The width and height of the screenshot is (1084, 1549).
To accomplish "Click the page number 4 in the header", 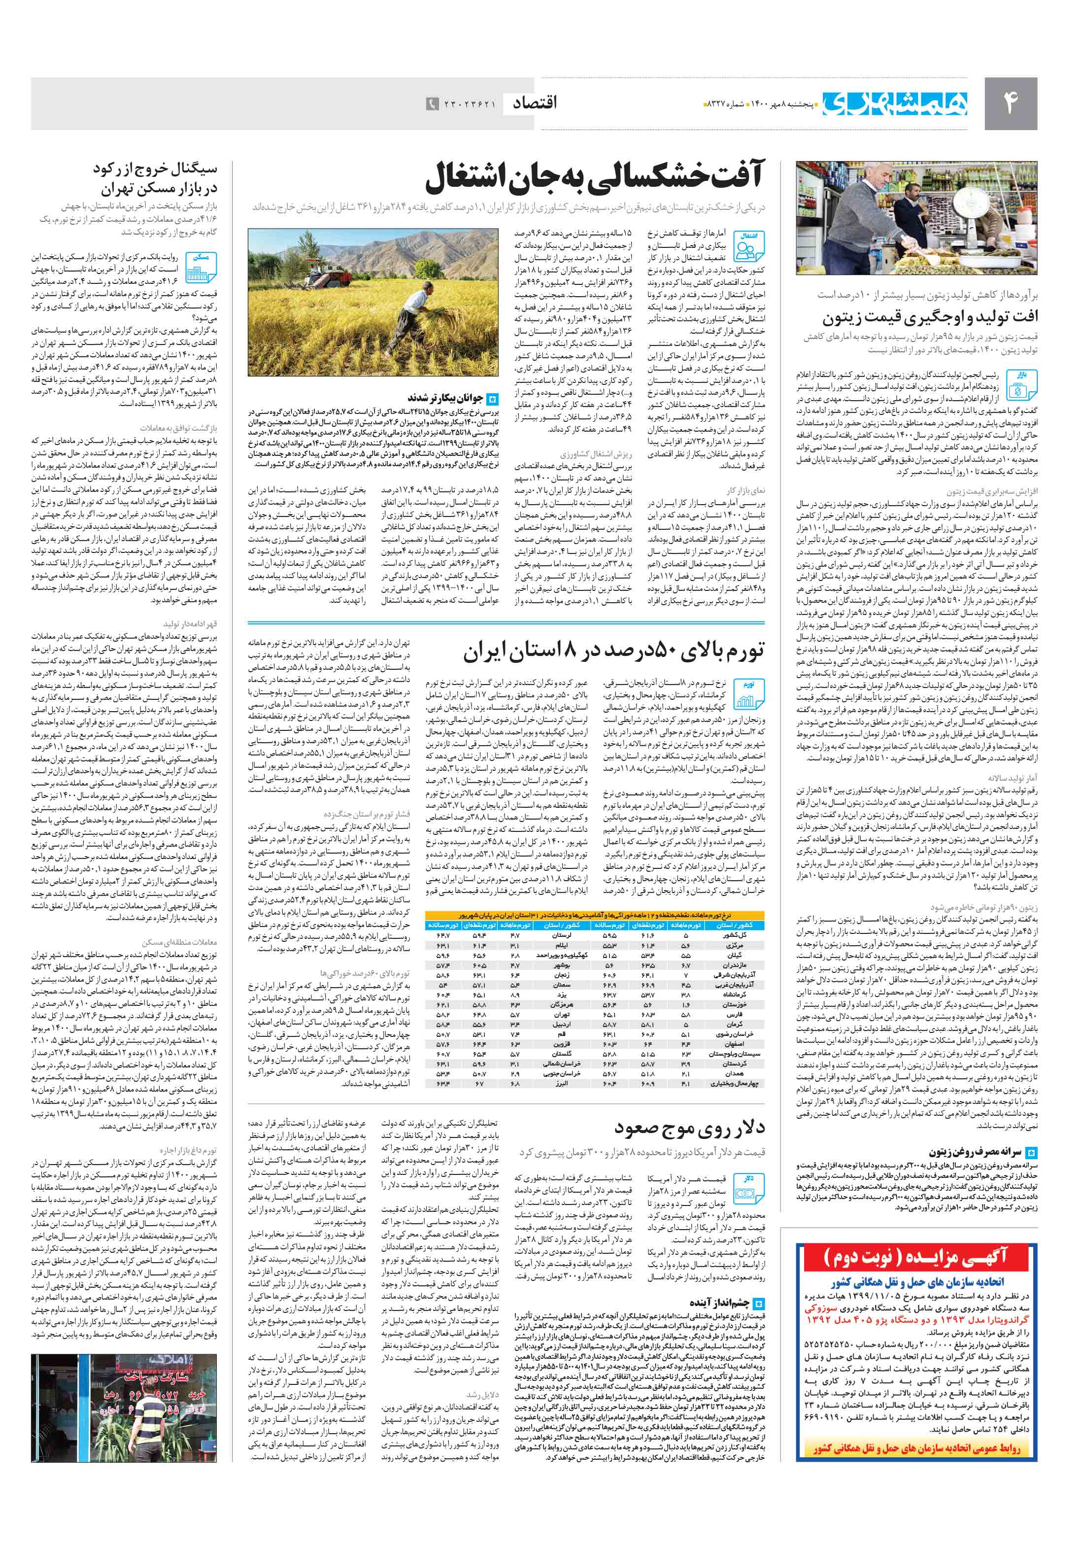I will coord(1010,103).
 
